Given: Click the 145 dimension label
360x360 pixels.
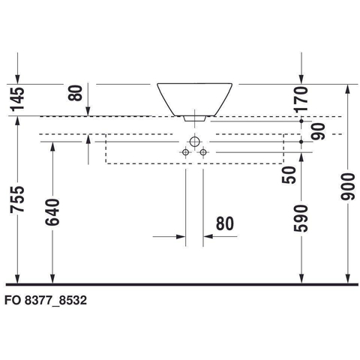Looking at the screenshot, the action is pos(17,99).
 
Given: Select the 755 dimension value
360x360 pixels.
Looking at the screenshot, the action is pos(17,199).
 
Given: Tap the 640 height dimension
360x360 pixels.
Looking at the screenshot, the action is pos(52,212).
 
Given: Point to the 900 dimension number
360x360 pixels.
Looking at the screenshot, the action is pos(348,187).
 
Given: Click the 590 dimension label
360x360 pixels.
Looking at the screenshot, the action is pos(301,218).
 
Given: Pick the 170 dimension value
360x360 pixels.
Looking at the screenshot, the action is pos(301,99).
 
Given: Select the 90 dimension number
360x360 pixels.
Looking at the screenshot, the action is pos(318,131).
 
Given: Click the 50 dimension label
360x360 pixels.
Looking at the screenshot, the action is pos(289,175).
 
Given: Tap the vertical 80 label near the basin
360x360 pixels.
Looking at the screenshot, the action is pos(75,93).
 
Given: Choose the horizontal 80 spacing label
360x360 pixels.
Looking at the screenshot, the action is pos(225,223).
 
